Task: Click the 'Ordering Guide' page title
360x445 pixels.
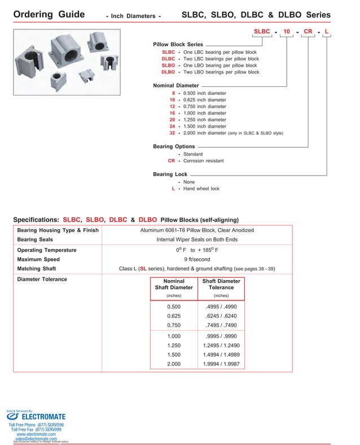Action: [49, 14]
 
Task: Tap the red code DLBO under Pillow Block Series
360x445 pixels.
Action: [168, 72]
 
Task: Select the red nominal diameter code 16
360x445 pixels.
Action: [172, 113]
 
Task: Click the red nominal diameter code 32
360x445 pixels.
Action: [172, 133]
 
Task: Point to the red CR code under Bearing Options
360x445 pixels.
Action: [172, 161]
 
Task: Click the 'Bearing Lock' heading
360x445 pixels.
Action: [170, 174]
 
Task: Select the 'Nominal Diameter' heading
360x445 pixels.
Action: [175, 85]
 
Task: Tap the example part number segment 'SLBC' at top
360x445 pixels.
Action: [261, 33]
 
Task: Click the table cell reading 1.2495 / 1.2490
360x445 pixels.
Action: [221, 345]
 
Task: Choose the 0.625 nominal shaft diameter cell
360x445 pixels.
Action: [174, 316]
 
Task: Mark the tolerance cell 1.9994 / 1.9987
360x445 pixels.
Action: [221, 364]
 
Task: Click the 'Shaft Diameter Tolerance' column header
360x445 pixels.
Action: [221, 284]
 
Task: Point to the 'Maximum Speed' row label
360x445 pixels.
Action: [39, 259]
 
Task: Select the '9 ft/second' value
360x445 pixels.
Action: [197, 259]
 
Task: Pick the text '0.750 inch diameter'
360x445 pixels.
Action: [205, 106]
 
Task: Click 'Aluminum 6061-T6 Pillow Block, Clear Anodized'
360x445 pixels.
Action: [197, 230]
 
